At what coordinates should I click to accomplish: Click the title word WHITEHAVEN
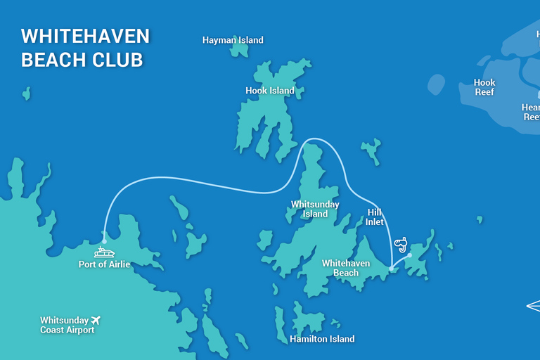(85, 37)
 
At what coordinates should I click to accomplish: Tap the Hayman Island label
(233, 40)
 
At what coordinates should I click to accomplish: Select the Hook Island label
(270, 91)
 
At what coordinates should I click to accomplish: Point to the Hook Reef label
(484, 87)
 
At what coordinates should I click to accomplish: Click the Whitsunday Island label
(315, 209)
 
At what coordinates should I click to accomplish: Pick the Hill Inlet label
(375, 217)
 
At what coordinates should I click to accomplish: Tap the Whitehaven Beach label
(340, 268)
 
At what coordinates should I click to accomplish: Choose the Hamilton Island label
(322, 339)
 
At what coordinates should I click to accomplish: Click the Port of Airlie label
(104, 264)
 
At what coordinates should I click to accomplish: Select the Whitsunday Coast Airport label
(67, 325)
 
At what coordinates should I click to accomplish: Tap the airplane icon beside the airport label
(96, 320)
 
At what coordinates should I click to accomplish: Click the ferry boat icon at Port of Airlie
(105, 252)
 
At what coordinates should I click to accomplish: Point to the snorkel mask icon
(401, 244)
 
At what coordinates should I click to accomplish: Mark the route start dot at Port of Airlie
(104, 241)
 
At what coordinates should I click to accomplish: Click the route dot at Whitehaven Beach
(391, 268)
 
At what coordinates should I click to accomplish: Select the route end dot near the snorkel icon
(410, 255)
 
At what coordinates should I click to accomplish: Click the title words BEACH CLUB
(82, 60)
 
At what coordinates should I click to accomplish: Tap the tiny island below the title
(27, 93)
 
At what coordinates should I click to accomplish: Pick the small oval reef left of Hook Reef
(436, 85)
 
